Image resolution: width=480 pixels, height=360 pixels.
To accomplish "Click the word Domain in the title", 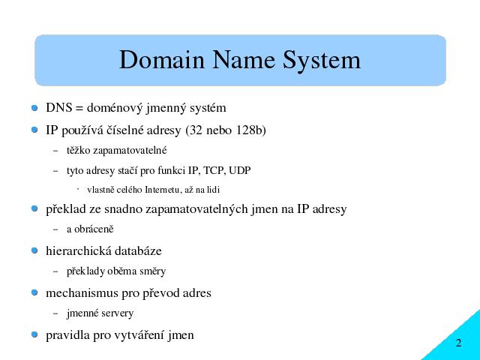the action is click(x=162, y=60).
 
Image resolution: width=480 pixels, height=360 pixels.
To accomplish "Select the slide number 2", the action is click(x=458, y=343).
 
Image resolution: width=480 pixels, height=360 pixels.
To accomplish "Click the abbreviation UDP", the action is click(x=240, y=170).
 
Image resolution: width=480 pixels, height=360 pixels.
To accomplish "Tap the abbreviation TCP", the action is click(x=214, y=170).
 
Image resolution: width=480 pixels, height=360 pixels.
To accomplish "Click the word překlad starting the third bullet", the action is click(x=66, y=209).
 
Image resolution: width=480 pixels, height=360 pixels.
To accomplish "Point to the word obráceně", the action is click(x=94, y=229).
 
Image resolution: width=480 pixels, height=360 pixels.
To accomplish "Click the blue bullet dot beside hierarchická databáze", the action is click(x=34, y=250).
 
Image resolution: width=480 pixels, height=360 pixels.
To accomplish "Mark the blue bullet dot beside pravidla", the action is click(x=34, y=334).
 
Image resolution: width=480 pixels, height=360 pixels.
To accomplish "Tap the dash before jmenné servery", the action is click(x=55, y=313).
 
